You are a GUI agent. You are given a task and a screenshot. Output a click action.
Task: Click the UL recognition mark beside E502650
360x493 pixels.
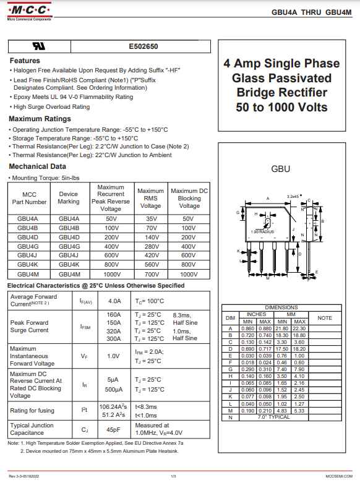pyautogui.click(x=38, y=46)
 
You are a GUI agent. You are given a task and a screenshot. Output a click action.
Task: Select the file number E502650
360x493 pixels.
pyautogui.click(x=144, y=46)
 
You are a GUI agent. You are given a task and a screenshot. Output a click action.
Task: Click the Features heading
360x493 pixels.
pyautogui.click(x=25, y=61)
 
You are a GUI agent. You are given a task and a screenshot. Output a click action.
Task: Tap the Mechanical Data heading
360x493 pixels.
pyautogui.click(x=37, y=166)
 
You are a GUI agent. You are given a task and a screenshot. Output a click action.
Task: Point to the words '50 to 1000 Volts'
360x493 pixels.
pyautogui.click(x=281, y=107)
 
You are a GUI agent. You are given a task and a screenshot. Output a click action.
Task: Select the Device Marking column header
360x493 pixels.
pyautogui.click(x=69, y=198)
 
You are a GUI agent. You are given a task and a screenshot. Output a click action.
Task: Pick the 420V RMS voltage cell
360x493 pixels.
pyautogui.click(x=151, y=255)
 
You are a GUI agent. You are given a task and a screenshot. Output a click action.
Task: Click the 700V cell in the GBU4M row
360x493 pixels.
pyautogui.click(x=151, y=273)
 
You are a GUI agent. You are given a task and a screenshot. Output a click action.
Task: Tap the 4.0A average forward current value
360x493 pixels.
pyautogui.click(x=114, y=301)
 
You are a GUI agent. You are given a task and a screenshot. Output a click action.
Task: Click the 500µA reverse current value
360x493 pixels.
pyautogui.click(x=113, y=390)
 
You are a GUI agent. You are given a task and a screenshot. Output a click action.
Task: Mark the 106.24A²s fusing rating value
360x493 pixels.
pyautogui.click(x=113, y=406)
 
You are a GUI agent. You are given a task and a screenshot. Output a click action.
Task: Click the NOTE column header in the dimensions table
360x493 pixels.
pyautogui.click(x=325, y=318)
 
